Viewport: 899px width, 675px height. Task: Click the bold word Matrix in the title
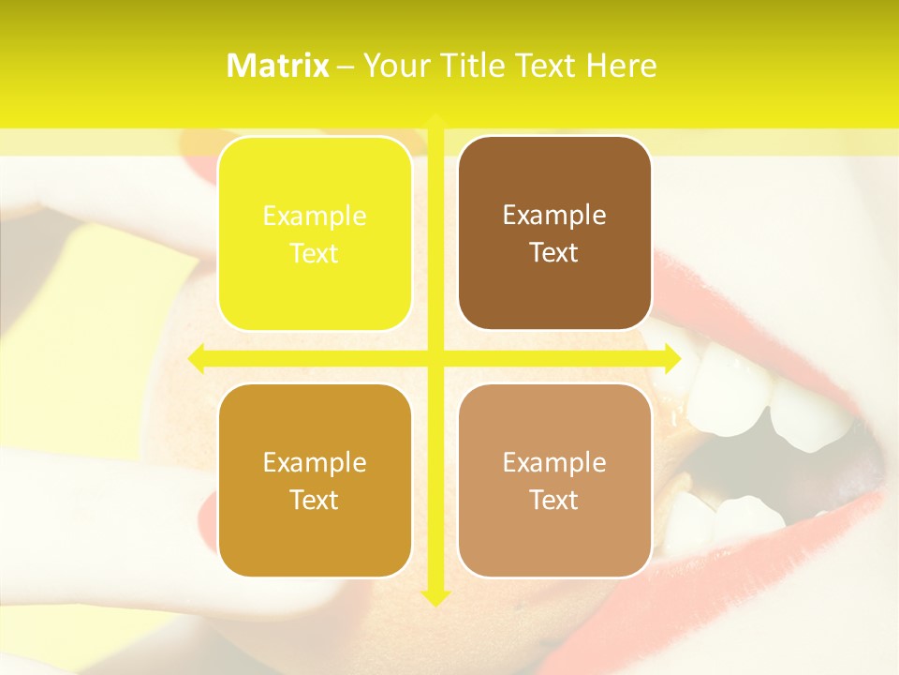tap(278, 66)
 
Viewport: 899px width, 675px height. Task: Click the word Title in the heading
tap(474, 66)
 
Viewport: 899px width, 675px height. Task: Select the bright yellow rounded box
tap(315, 233)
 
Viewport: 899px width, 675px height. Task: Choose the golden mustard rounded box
tap(315, 480)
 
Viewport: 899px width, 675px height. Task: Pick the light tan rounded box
tap(554, 480)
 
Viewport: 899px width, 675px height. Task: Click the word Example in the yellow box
tap(315, 216)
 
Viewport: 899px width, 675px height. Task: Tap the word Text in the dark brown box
tap(554, 252)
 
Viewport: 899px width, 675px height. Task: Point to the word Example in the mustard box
tap(315, 462)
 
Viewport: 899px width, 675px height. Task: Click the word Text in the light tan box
tap(554, 500)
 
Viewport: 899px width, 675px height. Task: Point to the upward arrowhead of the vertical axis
tap(435, 120)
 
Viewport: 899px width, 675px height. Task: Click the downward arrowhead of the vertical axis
tap(435, 597)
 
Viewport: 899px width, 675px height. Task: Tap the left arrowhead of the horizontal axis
tap(196, 358)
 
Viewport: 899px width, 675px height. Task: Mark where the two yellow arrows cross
tap(435, 358)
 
